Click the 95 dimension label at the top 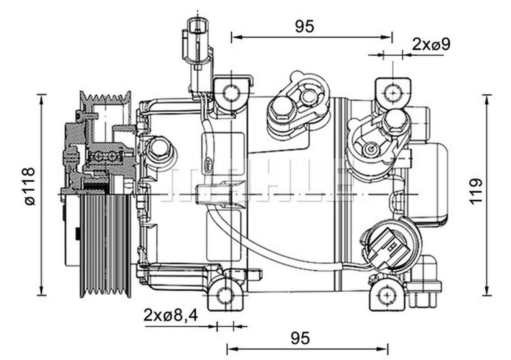(x=305, y=26)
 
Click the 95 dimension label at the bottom (x=300, y=338)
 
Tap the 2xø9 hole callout (x=431, y=44)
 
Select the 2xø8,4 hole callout (x=171, y=316)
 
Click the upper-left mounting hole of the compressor (x=231, y=93)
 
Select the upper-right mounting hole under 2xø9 (x=393, y=93)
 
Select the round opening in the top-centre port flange (x=308, y=96)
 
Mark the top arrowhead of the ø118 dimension (x=41, y=98)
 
